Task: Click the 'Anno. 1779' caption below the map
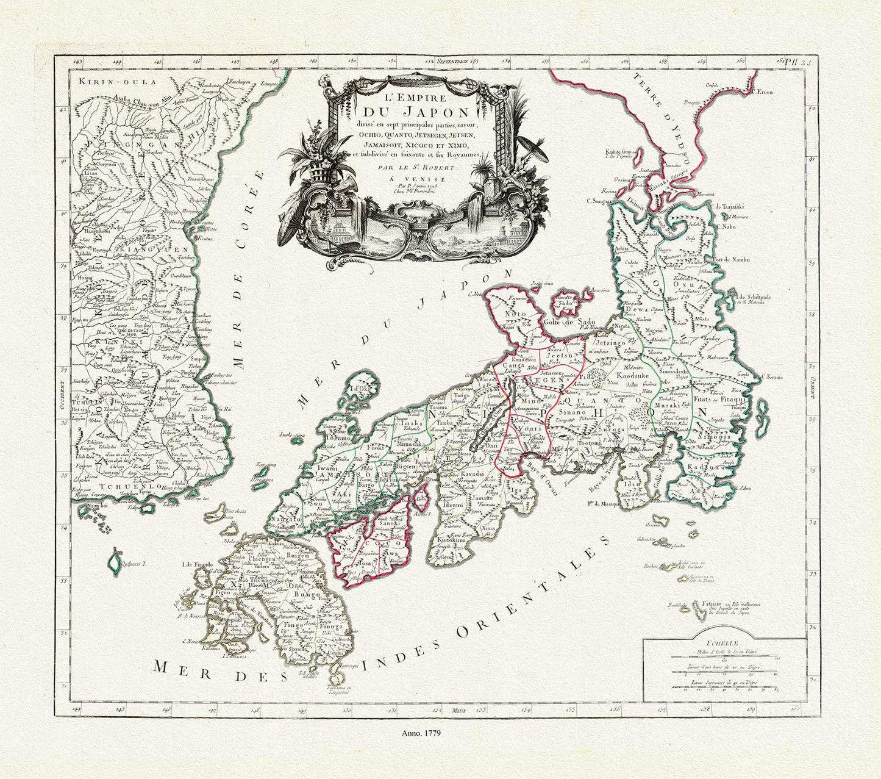point(421,732)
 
